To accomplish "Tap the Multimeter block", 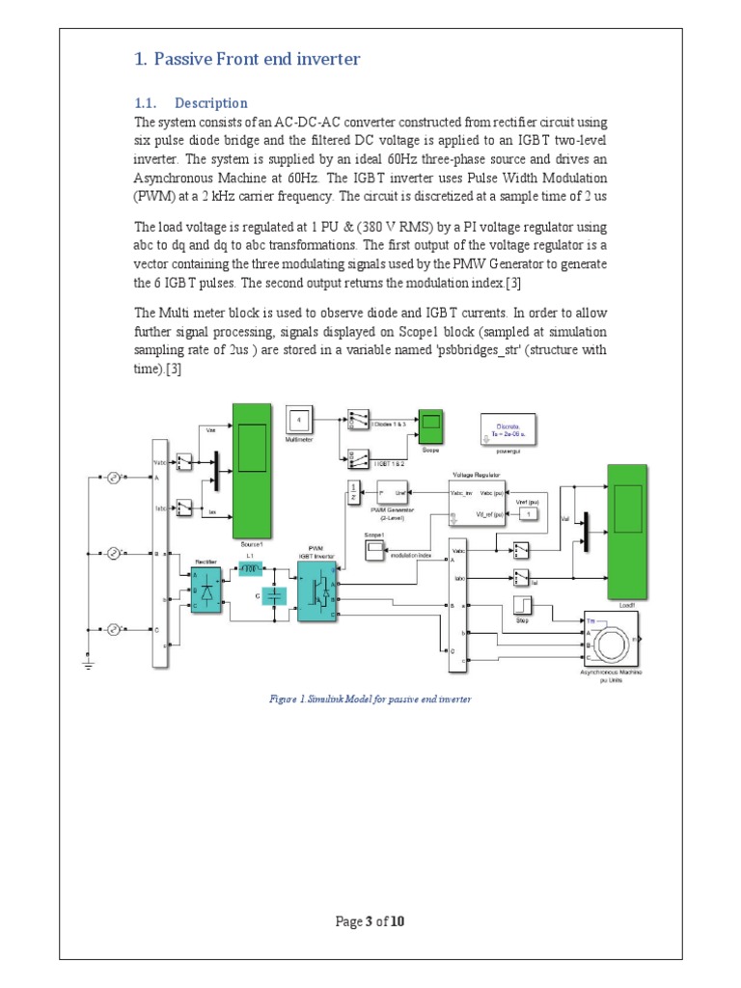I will [299, 421].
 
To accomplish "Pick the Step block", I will [522, 606].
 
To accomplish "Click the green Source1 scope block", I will [252, 472].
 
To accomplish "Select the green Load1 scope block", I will [627, 530].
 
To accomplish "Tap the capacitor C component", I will [277, 597].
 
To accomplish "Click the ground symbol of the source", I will [90, 663].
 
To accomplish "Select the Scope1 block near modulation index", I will [374, 550].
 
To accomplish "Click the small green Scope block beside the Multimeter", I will [429, 422].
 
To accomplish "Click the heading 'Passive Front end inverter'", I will [246, 60].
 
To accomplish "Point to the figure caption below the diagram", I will [370, 699].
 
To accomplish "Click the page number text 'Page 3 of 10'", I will [370, 921].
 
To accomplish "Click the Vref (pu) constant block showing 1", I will [528, 514].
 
